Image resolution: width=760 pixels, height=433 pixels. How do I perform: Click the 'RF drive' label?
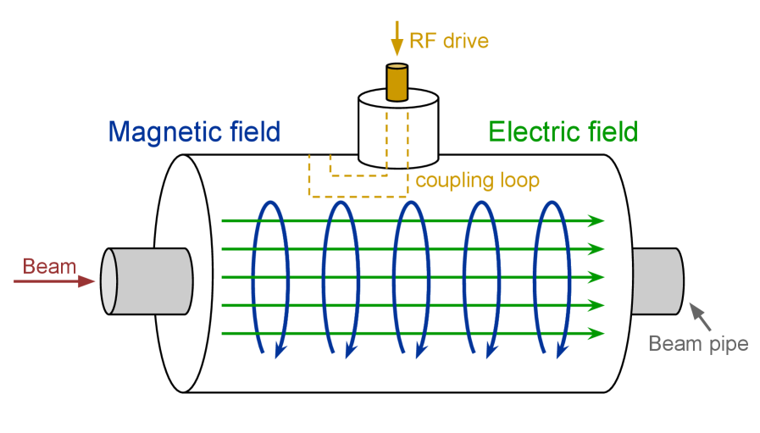click(449, 40)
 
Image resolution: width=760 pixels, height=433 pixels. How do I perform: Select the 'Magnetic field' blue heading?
click(194, 132)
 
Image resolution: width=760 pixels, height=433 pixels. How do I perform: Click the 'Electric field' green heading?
click(563, 132)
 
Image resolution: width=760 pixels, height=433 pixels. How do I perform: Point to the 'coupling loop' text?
click(477, 180)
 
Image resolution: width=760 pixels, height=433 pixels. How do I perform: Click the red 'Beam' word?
click(49, 266)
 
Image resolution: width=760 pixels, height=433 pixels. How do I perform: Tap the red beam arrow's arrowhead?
click(86, 281)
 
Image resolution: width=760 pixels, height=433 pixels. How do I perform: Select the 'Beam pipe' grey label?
click(698, 343)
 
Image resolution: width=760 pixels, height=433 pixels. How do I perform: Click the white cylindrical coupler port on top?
click(397, 131)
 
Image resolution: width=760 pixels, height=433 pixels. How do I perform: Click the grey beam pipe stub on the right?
click(657, 280)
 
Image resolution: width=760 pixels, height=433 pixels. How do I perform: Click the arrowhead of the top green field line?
click(596, 221)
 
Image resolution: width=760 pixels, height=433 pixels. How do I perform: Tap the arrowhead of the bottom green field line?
click(596, 333)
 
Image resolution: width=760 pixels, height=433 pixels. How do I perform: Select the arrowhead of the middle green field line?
click(596, 277)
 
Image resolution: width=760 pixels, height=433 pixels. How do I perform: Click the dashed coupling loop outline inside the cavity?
click(310, 182)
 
